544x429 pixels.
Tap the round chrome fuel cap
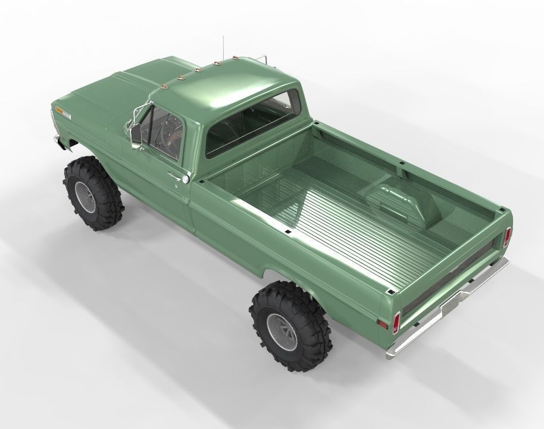pos(186,179)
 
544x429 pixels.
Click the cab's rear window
pos(251,122)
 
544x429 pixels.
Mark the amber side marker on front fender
pos(61,111)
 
